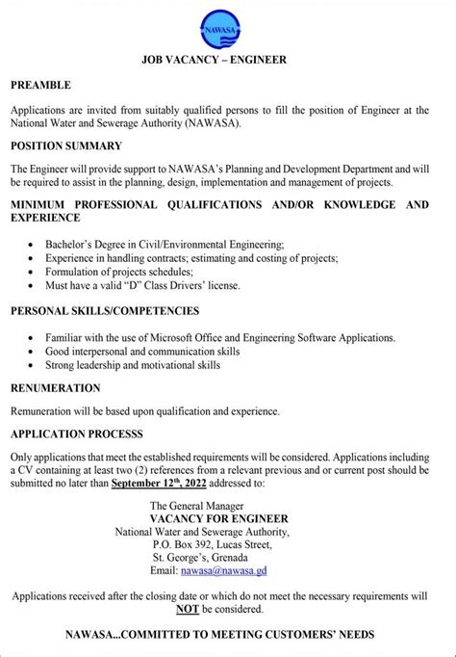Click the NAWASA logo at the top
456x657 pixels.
point(227,30)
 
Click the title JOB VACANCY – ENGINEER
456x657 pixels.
point(227,60)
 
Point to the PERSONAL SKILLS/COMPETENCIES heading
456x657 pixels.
point(106,311)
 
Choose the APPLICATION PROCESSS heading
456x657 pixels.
point(76,434)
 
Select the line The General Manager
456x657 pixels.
point(197,504)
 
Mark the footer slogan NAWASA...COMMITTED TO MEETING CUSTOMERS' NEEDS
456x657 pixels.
point(228,636)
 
